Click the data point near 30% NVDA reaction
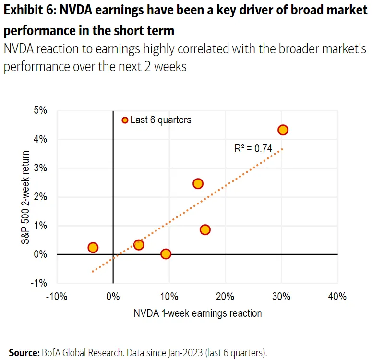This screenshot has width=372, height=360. [283, 130]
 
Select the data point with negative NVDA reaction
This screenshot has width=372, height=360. [93, 248]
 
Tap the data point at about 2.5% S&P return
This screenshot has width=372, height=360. [198, 184]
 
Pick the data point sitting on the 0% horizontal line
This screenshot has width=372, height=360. [166, 254]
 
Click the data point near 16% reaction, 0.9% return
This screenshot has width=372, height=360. [205, 229]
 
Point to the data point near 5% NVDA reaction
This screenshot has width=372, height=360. [139, 245]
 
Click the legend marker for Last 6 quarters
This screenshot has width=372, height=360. [125, 120]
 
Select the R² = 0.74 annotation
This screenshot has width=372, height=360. [253, 149]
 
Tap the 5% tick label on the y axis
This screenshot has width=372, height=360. [40, 111]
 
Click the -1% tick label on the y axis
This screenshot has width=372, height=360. [39, 283]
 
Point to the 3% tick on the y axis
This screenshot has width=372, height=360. [40, 168]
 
